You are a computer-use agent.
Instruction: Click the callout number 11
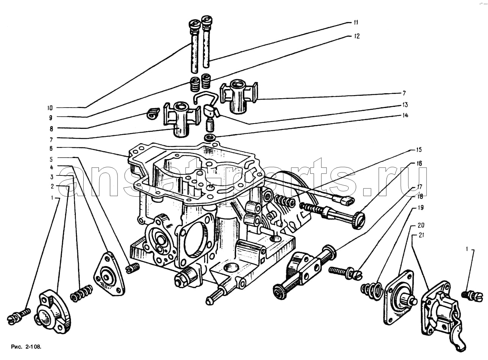[x=356, y=23]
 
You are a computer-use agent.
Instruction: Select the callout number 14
[x=405, y=116]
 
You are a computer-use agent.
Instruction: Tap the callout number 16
[x=419, y=164]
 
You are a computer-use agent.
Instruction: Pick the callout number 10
[x=50, y=107]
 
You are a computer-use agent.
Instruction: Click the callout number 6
[x=51, y=148]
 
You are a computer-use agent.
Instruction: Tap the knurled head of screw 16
[x=358, y=221]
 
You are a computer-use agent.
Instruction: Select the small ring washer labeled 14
[x=210, y=137]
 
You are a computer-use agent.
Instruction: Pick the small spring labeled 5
[x=133, y=268]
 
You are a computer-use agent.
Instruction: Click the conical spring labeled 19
[x=370, y=291]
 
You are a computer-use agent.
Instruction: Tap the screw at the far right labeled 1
[x=472, y=295]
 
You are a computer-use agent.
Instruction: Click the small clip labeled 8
[x=153, y=113]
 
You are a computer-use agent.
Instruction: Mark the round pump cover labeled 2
[x=53, y=311]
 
